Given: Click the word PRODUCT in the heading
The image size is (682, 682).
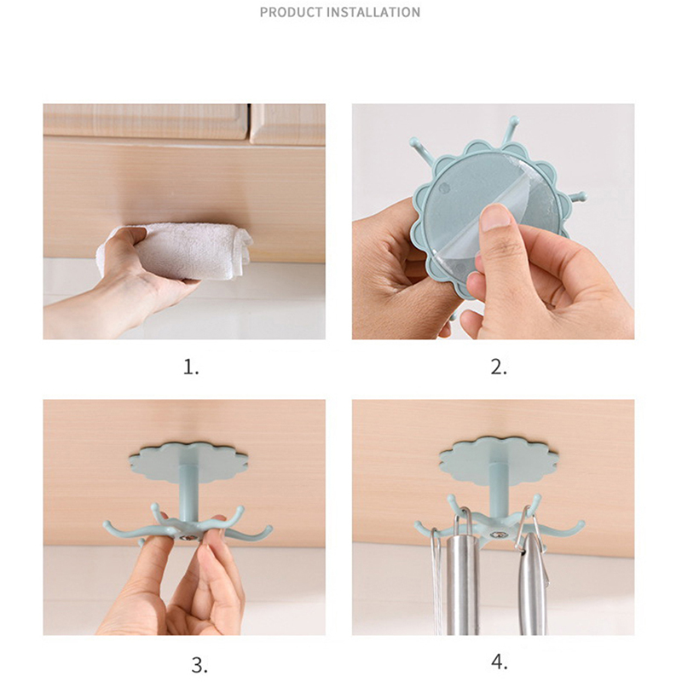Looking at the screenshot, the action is click(x=292, y=12).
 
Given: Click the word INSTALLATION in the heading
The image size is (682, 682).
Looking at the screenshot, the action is click(x=373, y=12).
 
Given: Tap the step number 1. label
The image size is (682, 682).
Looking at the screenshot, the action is click(x=191, y=367).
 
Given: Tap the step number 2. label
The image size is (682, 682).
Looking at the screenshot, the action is click(x=499, y=367).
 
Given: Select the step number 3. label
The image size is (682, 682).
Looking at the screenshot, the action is click(x=199, y=666).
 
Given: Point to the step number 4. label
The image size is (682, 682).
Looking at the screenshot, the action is click(x=500, y=662).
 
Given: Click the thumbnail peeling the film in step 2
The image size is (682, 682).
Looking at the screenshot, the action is click(x=496, y=217).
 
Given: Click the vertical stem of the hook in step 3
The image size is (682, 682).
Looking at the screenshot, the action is click(x=188, y=493).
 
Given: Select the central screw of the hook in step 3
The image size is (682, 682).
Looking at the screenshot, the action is click(x=188, y=538).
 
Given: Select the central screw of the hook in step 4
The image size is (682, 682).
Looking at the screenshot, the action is click(x=497, y=535).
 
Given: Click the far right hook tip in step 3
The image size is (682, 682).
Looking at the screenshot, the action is click(x=269, y=528).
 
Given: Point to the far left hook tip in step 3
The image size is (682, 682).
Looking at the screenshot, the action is click(x=106, y=524).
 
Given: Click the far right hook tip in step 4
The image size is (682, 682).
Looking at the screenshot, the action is click(x=581, y=523).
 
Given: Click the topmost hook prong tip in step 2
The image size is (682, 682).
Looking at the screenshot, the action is click(x=514, y=119).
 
